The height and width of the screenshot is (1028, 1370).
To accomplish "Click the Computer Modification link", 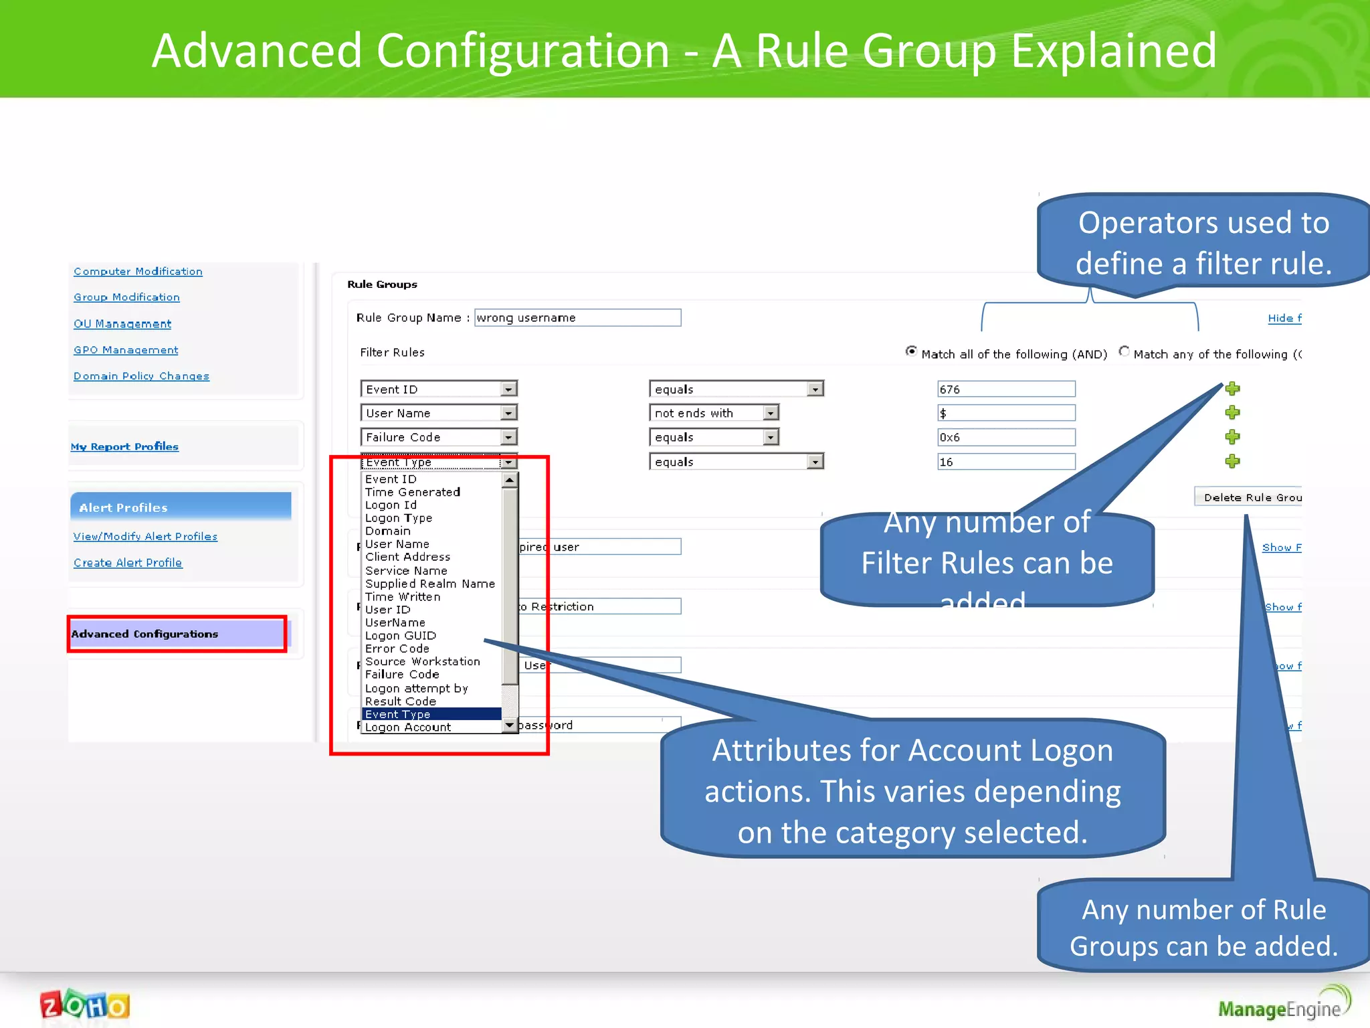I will click(x=138, y=271).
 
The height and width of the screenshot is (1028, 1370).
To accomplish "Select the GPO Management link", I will click(x=126, y=350).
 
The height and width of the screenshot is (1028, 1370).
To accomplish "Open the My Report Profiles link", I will click(x=124, y=446).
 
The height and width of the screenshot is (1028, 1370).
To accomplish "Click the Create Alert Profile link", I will click(x=128, y=563).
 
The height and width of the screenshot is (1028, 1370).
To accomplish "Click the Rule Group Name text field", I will click(x=577, y=318).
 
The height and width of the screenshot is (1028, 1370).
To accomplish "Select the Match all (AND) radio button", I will click(x=911, y=351).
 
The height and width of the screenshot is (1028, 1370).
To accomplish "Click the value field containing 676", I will click(x=1006, y=390).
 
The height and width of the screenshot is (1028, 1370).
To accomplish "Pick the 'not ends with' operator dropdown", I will click(x=714, y=414).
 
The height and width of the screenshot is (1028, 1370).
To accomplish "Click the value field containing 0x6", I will click(x=1006, y=438).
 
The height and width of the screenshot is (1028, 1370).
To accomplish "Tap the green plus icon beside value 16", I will click(x=1232, y=461).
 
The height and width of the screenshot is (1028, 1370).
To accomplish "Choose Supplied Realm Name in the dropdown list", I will click(x=430, y=584).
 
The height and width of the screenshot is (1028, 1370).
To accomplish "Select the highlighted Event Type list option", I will click(x=431, y=714).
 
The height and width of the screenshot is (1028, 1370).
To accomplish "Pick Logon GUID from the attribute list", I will click(x=401, y=636).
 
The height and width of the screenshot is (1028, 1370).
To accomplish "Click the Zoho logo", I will click(x=85, y=1005).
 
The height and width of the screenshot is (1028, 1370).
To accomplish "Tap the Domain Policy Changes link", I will click(x=141, y=376).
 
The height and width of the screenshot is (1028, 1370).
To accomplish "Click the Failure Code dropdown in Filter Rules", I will click(x=439, y=438).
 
